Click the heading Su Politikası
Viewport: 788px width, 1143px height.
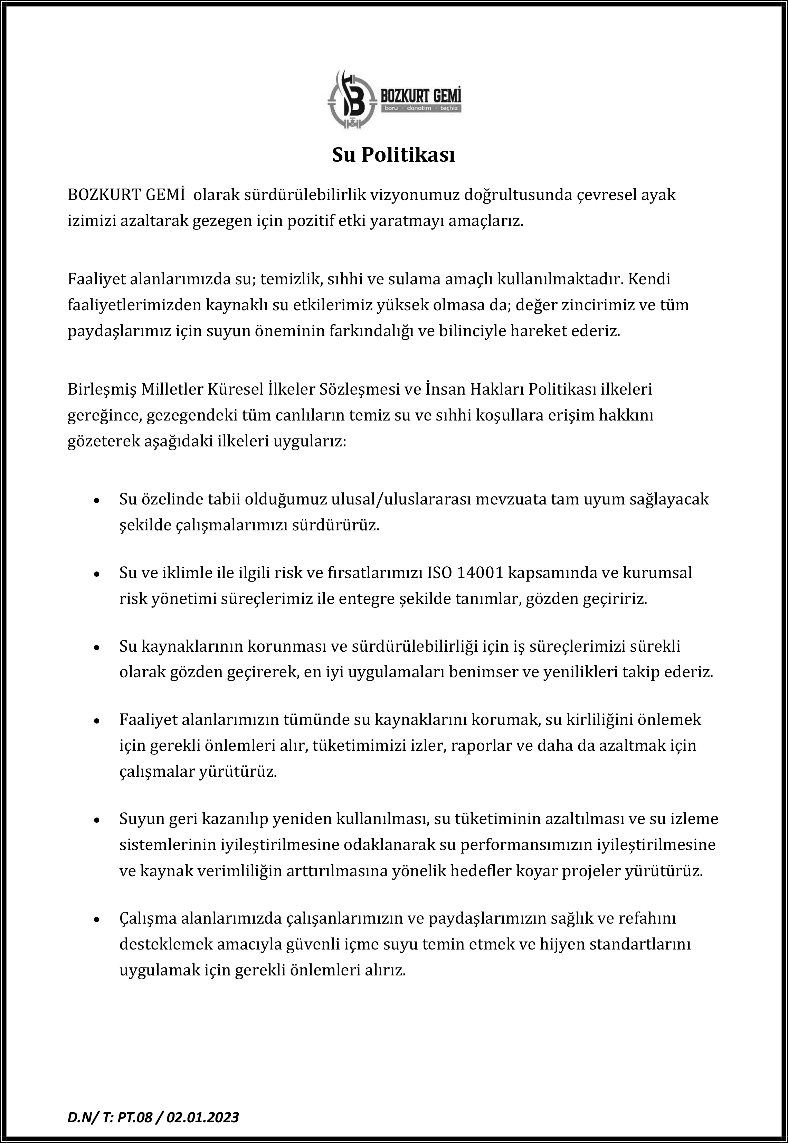(393, 155)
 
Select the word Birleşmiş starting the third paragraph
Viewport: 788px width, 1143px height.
(101, 389)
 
